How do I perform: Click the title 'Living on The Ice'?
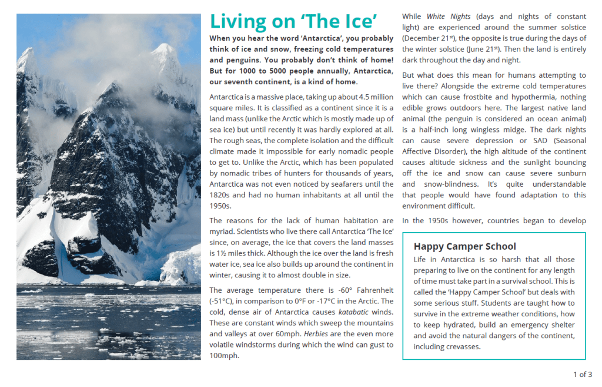(293, 21)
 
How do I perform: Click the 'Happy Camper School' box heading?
(464, 246)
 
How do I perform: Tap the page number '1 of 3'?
(582, 374)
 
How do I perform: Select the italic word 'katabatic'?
(354, 312)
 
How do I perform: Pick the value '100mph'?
(223, 355)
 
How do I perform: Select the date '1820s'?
(220, 195)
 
